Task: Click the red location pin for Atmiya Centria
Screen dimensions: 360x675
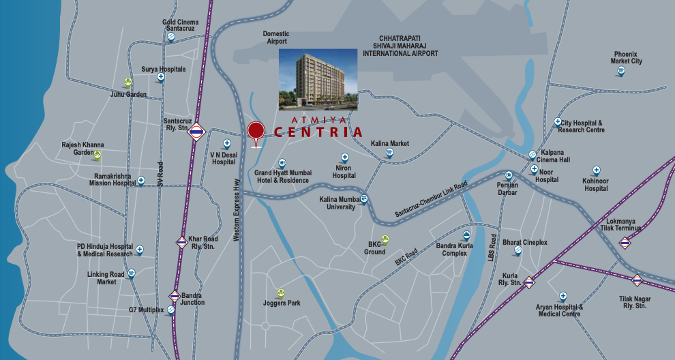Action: (x=256, y=130)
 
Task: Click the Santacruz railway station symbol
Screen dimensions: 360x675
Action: (x=197, y=132)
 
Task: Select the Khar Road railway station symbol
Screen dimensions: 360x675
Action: (x=182, y=242)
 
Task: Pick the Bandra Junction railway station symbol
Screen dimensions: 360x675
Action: (x=175, y=296)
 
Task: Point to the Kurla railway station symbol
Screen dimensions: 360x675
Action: (x=530, y=282)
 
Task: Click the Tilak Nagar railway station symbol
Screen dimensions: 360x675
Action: (x=637, y=280)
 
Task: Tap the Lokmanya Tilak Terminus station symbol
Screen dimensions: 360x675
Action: (x=625, y=242)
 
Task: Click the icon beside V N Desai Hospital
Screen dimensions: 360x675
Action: (x=227, y=144)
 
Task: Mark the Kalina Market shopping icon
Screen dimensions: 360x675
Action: (x=389, y=153)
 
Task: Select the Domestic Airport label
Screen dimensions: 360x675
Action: (x=276, y=37)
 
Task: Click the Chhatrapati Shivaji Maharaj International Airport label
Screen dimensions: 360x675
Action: (x=400, y=46)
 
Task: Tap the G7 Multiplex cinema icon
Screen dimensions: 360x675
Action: (x=170, y=309)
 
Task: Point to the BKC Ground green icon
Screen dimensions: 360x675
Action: (x=385, y=239)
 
